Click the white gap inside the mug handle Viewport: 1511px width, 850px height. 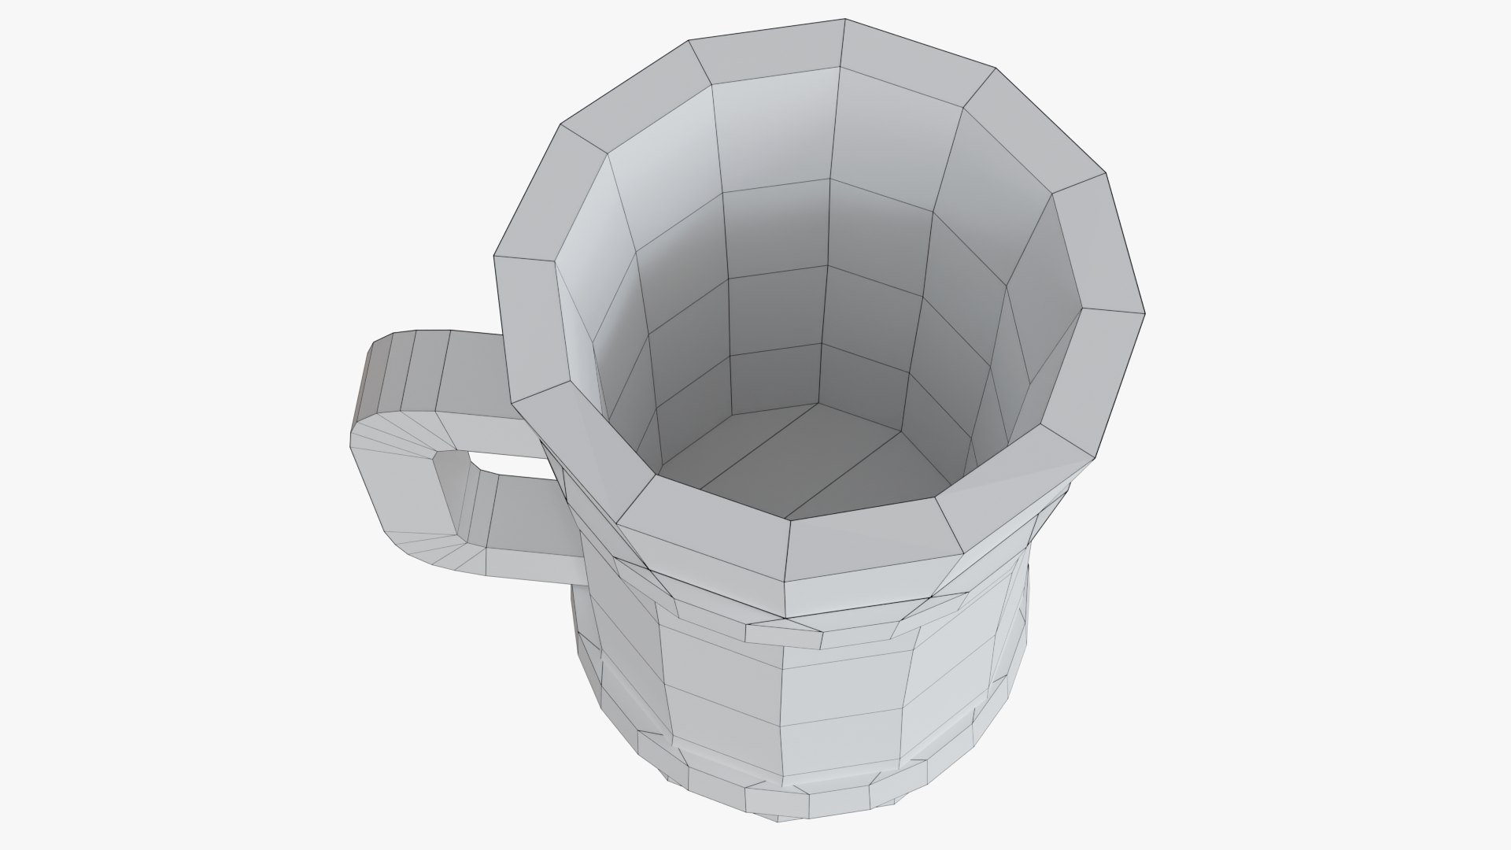(x=504, y=464)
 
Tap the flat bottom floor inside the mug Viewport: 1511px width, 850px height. (x=795, y=464)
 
